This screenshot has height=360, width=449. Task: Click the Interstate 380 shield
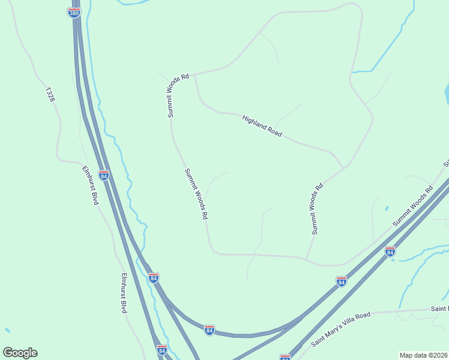pyautogui.click(x=74, y=12)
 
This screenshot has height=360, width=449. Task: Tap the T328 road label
pyautogui.click(x=50, y=94)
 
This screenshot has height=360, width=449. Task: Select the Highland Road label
pyautogui.click(x=262, y=126)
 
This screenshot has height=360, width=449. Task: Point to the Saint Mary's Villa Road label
pyautogui.click(x=341, y=329)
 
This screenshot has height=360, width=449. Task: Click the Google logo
pyautogui.click(x=20, y=353)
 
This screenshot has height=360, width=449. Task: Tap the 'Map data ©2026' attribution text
pyautogui.click(x=423, y=355)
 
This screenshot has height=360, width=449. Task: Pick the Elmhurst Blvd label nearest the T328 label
pyautogui.click(x=90, y=185)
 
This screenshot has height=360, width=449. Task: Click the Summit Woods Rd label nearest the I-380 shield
pyautogui.click(x=178, y=94)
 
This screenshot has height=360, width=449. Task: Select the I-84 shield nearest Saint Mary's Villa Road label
pyautogui.click(x=341, y=281)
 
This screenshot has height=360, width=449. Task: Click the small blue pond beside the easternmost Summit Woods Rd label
pyautogui.click(x=387, y=208)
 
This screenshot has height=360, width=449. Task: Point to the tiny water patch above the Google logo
pyautogui.click(x=7, y=330)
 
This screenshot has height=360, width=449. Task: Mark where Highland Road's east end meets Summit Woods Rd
pyautogui.click(x=344, y=167)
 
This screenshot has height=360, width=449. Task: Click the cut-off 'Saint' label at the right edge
pyautogui.click(x=439, y=308)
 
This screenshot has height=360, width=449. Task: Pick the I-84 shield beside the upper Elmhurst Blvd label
pyautogui.click(x=104, y=175)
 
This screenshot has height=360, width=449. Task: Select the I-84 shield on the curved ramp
pyautogui.click(x=209, y=330)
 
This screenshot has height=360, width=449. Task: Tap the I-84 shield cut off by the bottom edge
pyautogui.click(x=285, y=358)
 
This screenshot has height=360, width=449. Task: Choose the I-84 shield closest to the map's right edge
pyautogui.click(x=390, y=251)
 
